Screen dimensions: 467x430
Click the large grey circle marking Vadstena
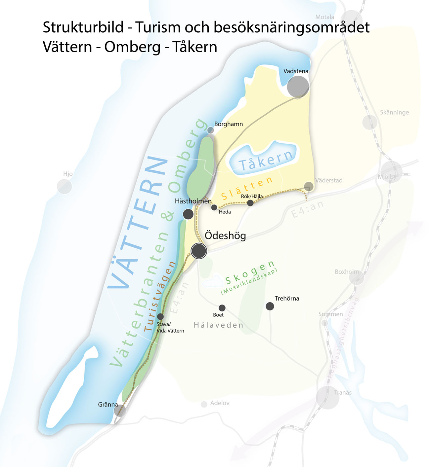(x=298, y=87)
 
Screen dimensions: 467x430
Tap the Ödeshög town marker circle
(x=199, y=251)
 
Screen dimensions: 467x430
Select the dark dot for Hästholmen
(x=188, y=214)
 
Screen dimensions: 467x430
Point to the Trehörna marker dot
(x=270, y=306)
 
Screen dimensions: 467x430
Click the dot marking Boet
(x=222, y=308)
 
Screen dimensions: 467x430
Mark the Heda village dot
(x=214, y=207)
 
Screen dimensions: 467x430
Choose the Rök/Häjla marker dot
(x=250, y=203)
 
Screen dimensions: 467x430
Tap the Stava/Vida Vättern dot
(x=160, y=316)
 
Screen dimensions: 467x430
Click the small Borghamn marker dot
(x=210, y=130)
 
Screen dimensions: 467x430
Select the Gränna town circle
(x=120, y=411)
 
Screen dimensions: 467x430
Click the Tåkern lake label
(x=266, y=160)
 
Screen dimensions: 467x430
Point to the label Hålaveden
(x=218, y=325)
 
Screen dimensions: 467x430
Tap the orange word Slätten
(x=247, y=189)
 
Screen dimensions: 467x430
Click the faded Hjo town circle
(x=64, y=187)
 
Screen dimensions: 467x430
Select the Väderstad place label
(x=329, y=180)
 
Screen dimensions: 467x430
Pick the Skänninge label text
(x=394, y=112)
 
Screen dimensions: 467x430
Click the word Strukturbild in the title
(x=83, y=27)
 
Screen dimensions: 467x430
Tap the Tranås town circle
(x=327, y=397)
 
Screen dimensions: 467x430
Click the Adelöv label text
(x=220, y=403)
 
